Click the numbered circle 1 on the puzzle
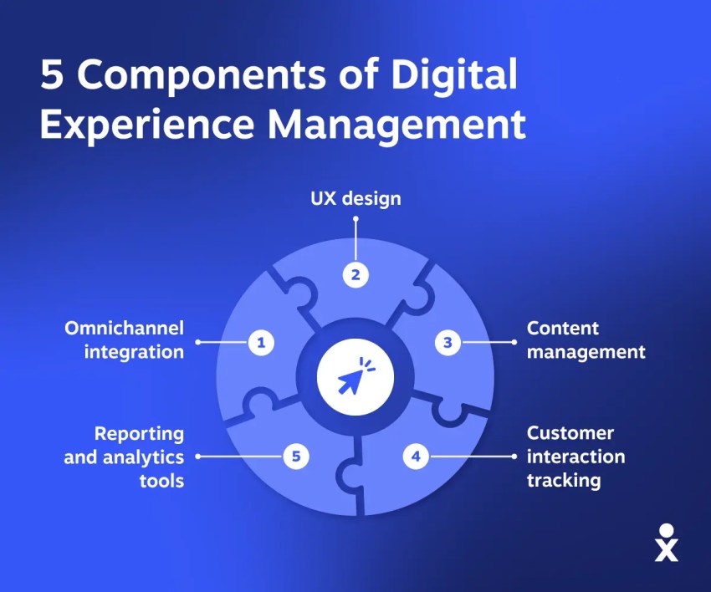[x=261, y=342]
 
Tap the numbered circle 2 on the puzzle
[x=355, y=275]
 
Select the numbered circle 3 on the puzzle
[x=448, y=342]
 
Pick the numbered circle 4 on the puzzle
[x=415, y=457]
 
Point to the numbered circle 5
[x=296, y=457]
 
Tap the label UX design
[x=355, y=198]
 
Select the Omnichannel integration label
[x=124, y=339]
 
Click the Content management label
[x=586, y=339]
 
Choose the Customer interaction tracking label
[x=575, y=457]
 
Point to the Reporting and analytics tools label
[x=124, y=457]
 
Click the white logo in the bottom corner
[x=667, y=543]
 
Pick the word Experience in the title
[x=147, y=125]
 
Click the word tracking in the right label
[x=563, y=480]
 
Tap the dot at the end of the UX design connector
[x=355, y=220]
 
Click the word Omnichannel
[x=124, y=328]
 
